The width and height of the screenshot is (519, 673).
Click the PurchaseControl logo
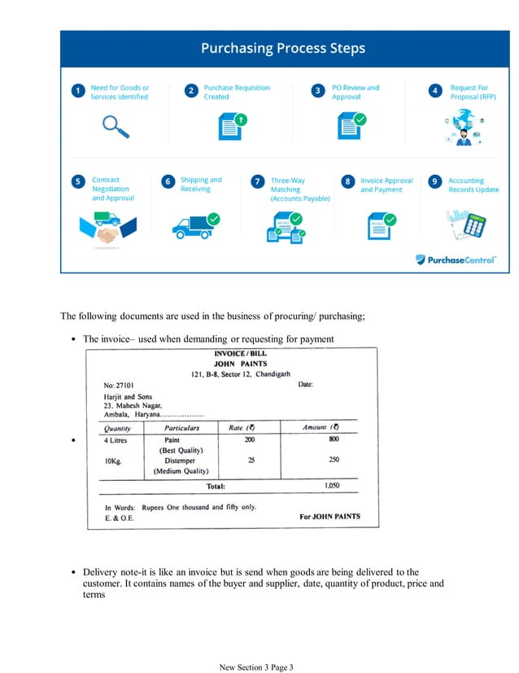[x=456, y=260]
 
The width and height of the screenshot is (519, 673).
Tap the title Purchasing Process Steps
[x=284, y=48]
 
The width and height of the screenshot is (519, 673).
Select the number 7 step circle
[x=257, y=181]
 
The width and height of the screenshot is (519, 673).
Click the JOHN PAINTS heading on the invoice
[x=240, y=364]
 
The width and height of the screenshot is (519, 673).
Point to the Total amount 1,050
[x=332, y=486]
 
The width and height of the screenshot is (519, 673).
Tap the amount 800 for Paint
[x=334, y=439]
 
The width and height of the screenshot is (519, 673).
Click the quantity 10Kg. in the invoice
[x=113, y=460]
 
